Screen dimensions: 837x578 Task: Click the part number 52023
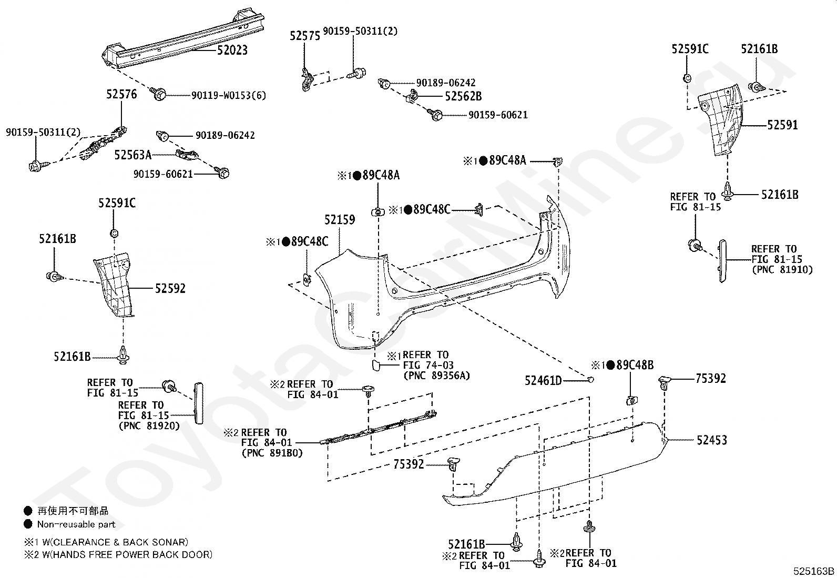point(232,50)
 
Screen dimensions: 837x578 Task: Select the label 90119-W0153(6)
point(229,95)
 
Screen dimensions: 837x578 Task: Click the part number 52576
point(121,94)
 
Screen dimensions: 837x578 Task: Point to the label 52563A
point(133,155)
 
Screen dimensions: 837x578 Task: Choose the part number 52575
point(305,36)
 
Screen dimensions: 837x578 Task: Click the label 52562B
point(463,96)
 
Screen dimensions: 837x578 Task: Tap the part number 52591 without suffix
point(782,125)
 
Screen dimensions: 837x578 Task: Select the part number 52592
point(170,288)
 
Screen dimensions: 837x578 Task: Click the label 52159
point(340,219)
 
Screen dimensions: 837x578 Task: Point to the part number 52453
point(712,440)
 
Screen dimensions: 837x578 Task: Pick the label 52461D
point(543,381)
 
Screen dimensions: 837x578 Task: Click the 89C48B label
point(635,365)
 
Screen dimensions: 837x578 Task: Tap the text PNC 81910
point(782,270)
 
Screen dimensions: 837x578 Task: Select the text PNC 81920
point(149,426)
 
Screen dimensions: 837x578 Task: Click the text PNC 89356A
point(436,376)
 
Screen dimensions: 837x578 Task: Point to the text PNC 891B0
point(272,453)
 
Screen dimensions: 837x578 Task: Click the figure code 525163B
point(813,571)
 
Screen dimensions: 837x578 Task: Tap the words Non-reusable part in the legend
point(76,524)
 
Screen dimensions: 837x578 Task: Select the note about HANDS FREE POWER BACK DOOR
point(118,554)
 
